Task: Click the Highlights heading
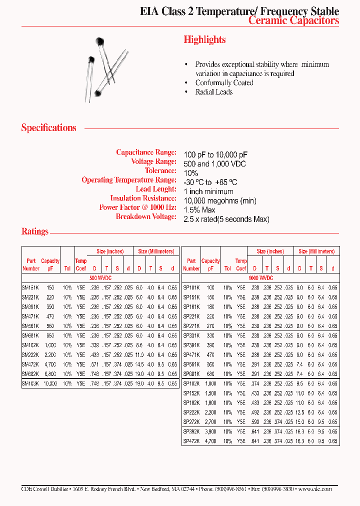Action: [204, 40]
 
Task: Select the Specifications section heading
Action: [48, 128]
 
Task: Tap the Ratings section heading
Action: [35, 231]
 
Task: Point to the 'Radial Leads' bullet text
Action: [214, 92]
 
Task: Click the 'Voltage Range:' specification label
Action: [153, 161]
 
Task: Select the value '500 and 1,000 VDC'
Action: [215, 164]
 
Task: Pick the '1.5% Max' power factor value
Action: [199, 210]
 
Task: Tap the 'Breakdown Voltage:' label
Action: [146, 216]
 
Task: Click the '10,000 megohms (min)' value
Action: [220, 201]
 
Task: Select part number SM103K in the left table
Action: [30, 383]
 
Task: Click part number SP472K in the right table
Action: [191, 441]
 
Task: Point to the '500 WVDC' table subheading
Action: [100, 277]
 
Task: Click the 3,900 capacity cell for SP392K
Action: [210, 431]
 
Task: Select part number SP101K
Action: [191, 287]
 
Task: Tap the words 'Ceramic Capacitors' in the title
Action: [293, 20]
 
